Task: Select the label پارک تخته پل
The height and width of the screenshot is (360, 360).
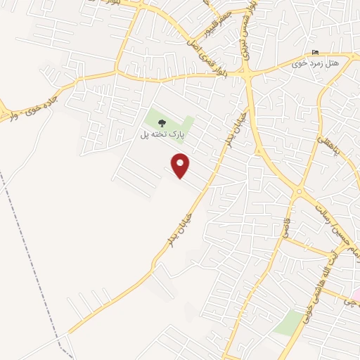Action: point(155,134)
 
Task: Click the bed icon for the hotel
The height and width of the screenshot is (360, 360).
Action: point(314,53)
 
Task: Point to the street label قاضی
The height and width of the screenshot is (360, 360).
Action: point(288,229)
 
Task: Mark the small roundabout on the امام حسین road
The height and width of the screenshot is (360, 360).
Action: point(300,191)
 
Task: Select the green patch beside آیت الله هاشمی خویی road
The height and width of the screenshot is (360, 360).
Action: point(288,323)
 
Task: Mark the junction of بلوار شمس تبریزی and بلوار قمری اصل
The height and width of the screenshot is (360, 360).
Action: point(247,73)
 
